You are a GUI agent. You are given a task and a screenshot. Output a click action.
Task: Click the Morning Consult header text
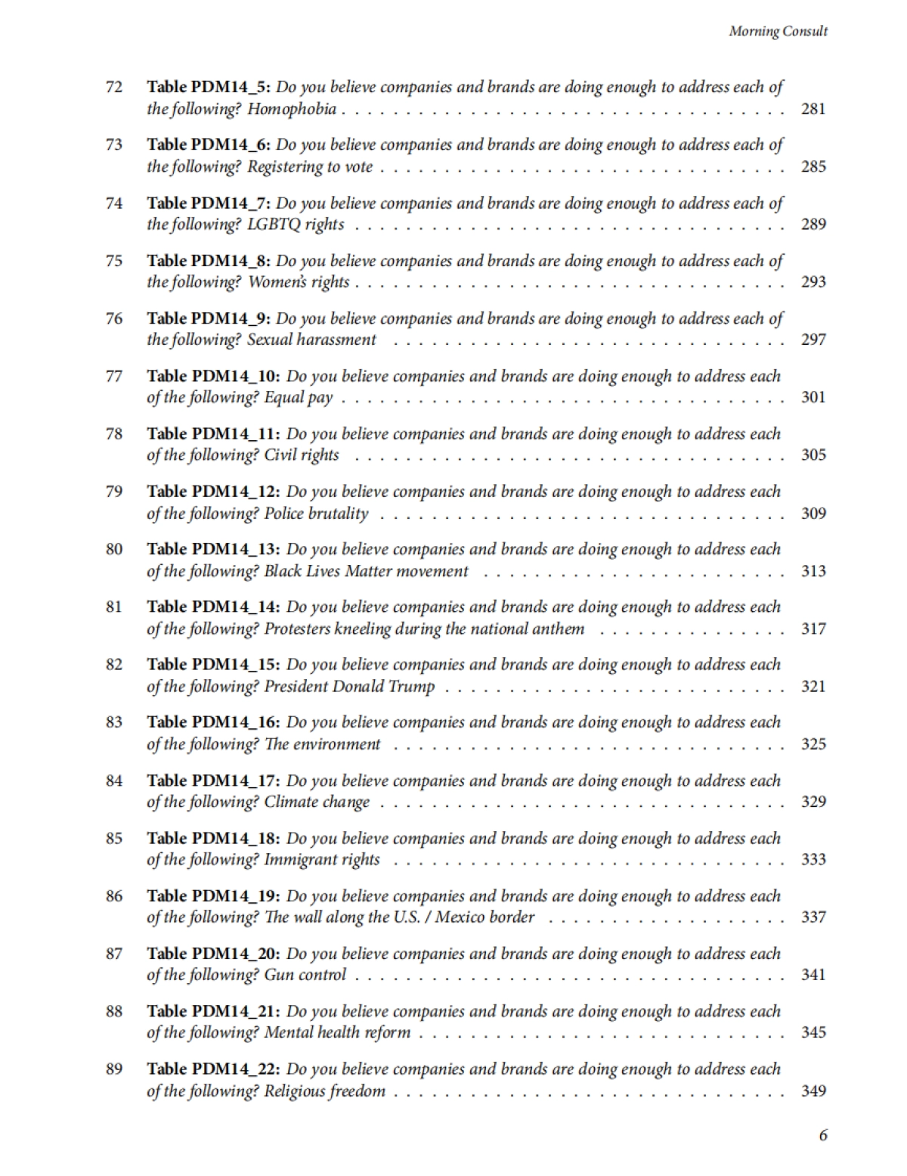click(x=778, y=31)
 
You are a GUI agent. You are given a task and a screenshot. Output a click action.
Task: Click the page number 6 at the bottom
click(x=823, y=1135)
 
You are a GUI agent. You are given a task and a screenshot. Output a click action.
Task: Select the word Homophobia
click(x=292, y=109)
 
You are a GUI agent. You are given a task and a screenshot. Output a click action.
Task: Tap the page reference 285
click(x=813, y=166)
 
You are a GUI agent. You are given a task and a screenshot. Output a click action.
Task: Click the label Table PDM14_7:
click(x=209, y=203)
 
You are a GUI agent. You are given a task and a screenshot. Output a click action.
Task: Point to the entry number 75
click(x=114, y=261)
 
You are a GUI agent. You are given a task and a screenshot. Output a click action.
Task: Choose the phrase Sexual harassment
click(x=311, y=340)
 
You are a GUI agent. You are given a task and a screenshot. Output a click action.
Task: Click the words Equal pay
click(x=299, y=398)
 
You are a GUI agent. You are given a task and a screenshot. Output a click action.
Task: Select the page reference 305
click(x=813, y=455)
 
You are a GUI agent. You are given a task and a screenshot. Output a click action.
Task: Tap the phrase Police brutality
click(x=316, y=514)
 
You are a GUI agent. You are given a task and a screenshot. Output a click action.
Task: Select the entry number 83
click(x=114, y=722)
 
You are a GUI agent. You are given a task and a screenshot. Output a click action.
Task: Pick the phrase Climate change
click(x=317, y=802)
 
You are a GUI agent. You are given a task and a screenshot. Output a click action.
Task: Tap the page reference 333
click(x=813, y=859)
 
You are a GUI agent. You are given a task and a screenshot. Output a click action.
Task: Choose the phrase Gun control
click(x=305, y=975)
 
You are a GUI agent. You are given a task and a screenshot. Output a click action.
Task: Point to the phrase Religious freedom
click(x=324, y=1091)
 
